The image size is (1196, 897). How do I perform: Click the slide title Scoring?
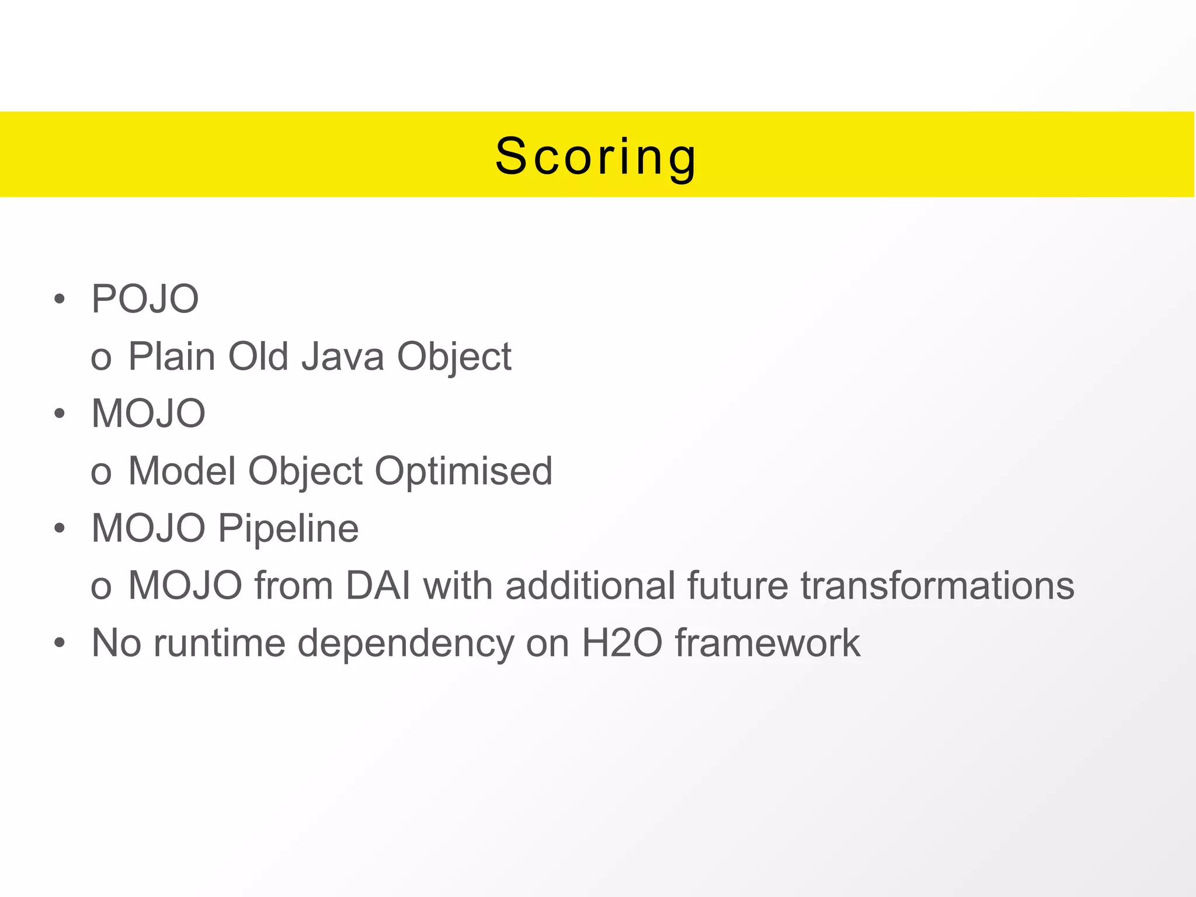[x=596, y=157]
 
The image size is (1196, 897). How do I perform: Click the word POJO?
[x=145, y=299]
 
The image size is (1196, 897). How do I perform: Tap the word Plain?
[x=171, y=356]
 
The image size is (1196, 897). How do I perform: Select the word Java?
[x=343, y=356]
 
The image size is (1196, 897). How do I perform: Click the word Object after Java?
[x=454, y=356]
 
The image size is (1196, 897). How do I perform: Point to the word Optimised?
[x=463, y=471]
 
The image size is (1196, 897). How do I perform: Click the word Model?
[x=181, y=471]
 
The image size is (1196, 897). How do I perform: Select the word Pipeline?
[x=288, y=528]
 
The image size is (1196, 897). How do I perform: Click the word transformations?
[x=937, y=585]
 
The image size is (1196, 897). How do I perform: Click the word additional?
[x=590, y=585]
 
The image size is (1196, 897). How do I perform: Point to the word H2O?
[x=622, y=643]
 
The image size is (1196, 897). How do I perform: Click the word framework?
[x=767, y=643]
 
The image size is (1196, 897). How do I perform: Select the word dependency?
[x=405, y=643]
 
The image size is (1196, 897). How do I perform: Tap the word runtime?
[x=219, y=643]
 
